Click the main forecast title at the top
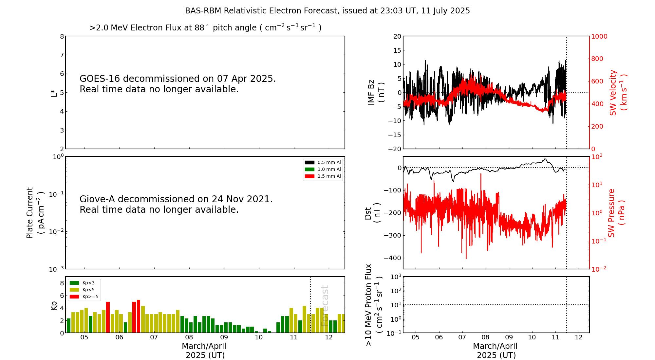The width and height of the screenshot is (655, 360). (327, 11)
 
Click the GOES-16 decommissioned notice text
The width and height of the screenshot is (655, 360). (178, 84)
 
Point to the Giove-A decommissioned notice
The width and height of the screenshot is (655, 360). (176, 204)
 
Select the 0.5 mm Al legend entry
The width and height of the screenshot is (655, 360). (323, 162)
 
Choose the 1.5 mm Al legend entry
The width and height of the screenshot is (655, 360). (323, 176)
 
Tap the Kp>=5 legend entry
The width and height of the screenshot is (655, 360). (84, 297)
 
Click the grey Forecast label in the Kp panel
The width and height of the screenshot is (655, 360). (325, 306)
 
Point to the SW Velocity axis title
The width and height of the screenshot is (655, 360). (618, 92)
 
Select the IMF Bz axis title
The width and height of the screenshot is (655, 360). (376, 92)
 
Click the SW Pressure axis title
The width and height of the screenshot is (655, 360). (616, 213)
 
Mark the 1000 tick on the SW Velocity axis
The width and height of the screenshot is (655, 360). (599, 36)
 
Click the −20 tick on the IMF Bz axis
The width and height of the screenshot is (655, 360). (395, 149)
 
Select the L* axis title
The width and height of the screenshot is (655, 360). (54, 93)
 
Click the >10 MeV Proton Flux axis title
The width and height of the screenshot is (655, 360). (374, 305)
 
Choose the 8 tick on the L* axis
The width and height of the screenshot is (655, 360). (62, 36)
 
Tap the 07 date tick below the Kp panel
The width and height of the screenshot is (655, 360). (154, 337)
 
